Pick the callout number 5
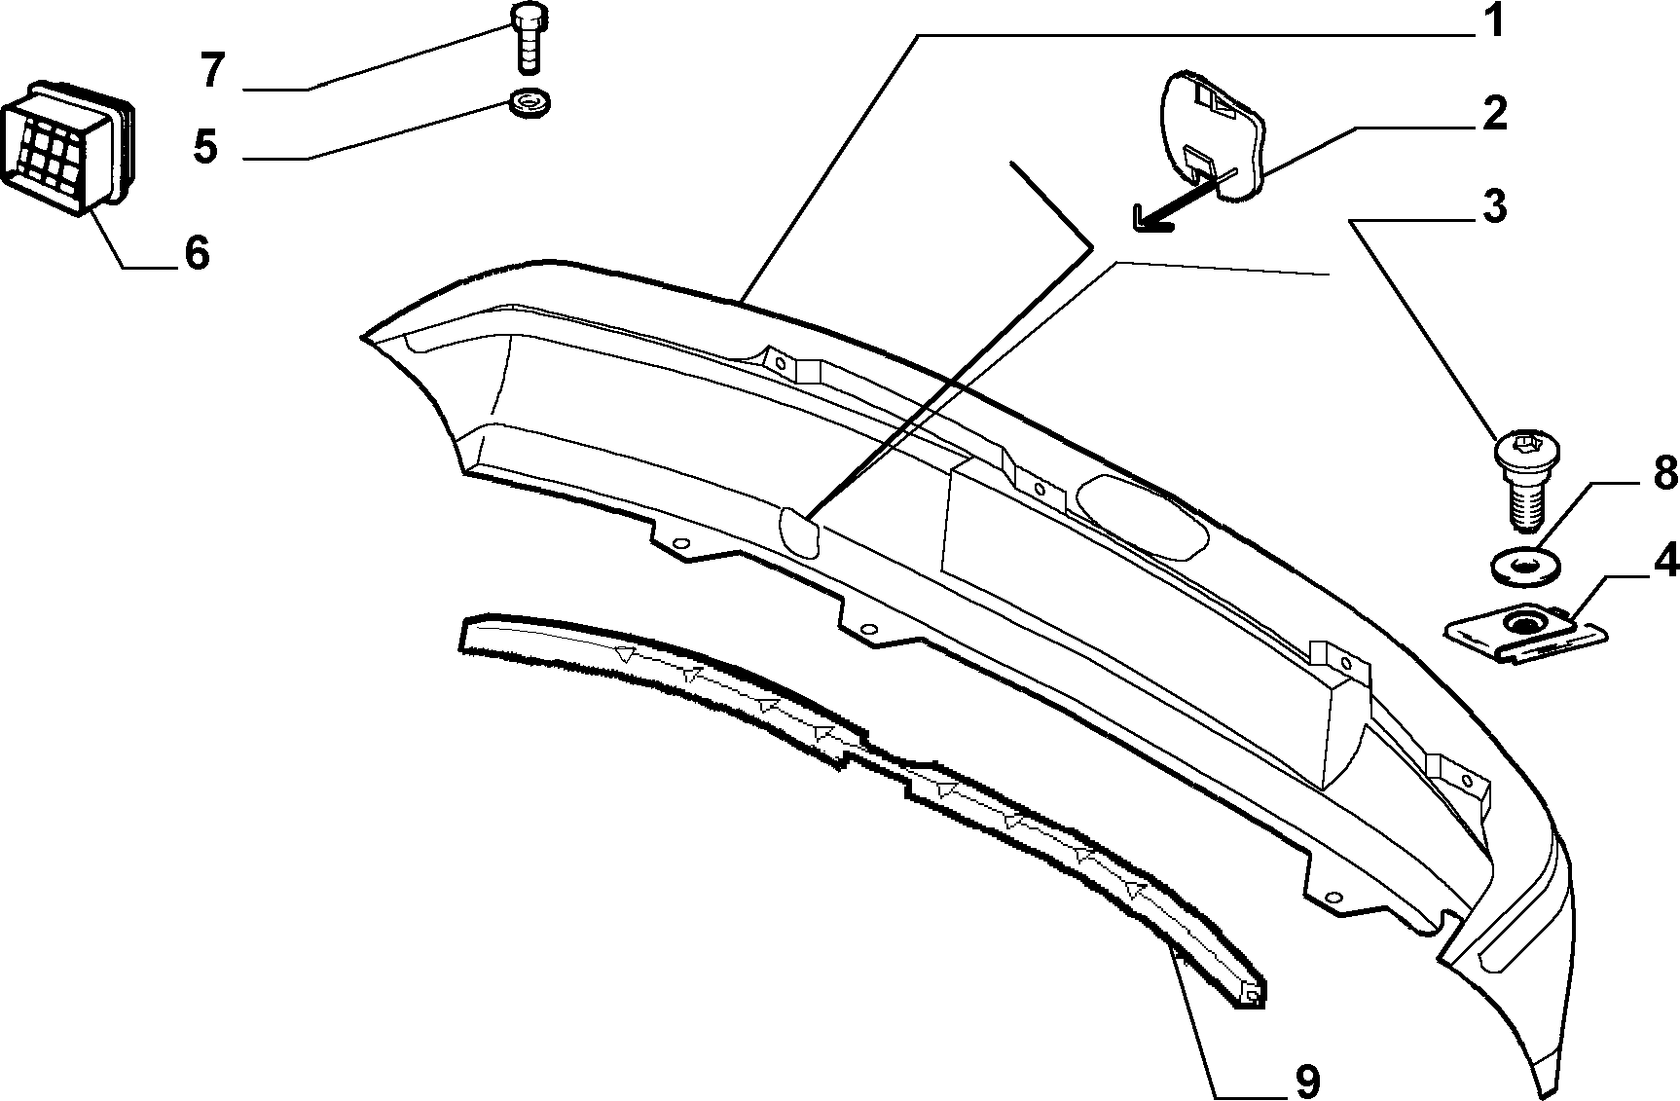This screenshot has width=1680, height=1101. pyautogui.click(x=205, y=147)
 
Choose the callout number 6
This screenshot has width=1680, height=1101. pyautogui.click(x=197, y=253)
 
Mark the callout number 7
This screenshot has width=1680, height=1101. pyautogui.click(x=213, y=72)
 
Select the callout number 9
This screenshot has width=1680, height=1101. pyautogui.click(x=1305, y=1080)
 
